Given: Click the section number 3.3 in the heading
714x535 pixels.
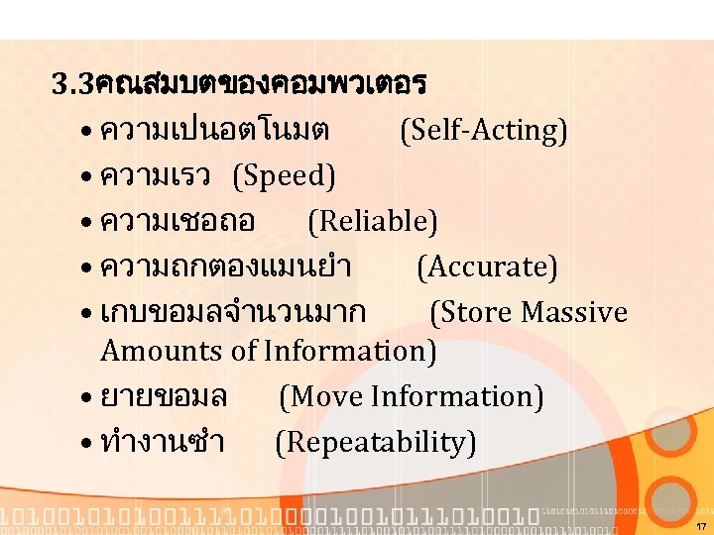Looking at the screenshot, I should pyautogui.click(x=72, y=84).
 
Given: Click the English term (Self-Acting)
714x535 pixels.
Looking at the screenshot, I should pyautogui.click(x=483, y=130).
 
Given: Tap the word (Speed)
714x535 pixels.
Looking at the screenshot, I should pyautogui.click(x=284, y=175).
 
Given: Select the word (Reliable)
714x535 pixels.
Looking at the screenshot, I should pyautogui.click(x=372, y=221).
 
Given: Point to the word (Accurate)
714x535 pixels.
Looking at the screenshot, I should pyautogui.click(x=487, y=267).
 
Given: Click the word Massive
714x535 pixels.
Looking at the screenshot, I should pyautogui.click(x=574, y=312).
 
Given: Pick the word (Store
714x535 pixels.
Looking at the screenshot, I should pyautogui.click(x=471, y=312).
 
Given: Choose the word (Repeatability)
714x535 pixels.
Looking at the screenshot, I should pyautogui.click(x=375, y=442).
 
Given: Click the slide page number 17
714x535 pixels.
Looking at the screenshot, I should pyautogui.click(x=701, y=525).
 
